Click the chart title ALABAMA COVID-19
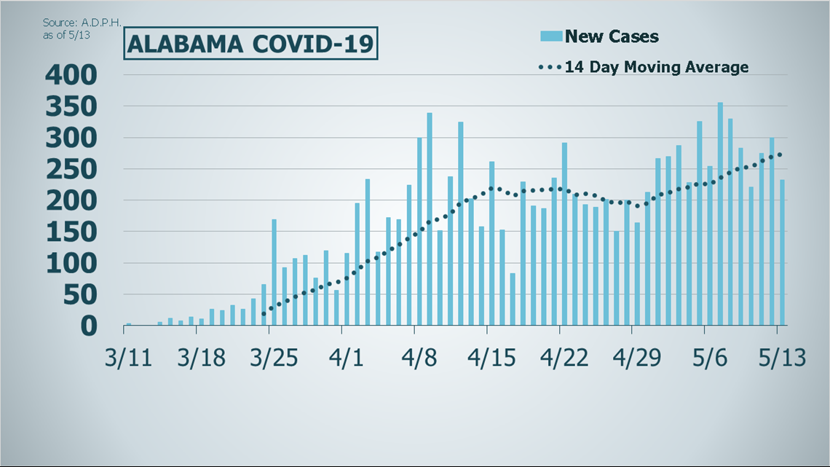pos(250,44)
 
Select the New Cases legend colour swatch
pos(550,36)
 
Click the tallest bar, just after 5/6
pos(720,213)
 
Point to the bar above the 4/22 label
pos(564,234)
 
